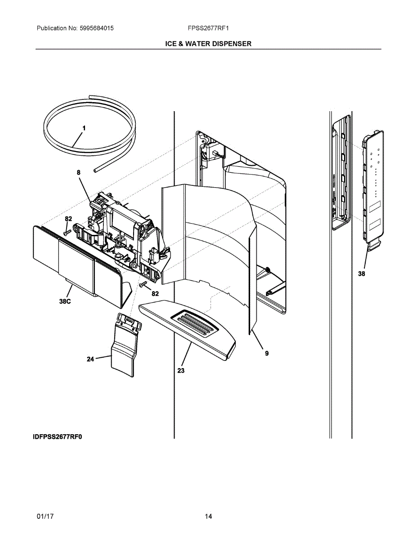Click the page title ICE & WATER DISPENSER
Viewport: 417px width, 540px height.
tap(208, 44)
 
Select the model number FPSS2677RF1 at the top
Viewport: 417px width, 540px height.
tap(208, 28)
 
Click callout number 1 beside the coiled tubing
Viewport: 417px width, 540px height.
tap(84, 128)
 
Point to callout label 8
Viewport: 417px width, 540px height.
tap(78, 172)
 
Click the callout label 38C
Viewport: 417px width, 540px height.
tap(65, 302)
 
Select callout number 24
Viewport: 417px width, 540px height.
tap(90, 359)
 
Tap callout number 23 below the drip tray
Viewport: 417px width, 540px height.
tap(180, 370)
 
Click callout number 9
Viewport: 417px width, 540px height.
tap(266, 353)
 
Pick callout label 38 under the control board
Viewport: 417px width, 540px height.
tap(362, 274)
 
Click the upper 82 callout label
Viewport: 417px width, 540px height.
tap(68, 219)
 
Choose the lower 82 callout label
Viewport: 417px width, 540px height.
tap(155, 293)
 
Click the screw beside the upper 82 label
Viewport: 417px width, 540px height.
tap(67, 232)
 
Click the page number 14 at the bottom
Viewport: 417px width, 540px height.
tap(208, 517)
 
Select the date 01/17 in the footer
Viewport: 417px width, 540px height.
tap(45, 517)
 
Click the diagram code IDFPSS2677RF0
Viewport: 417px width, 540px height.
tap(58, 436)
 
